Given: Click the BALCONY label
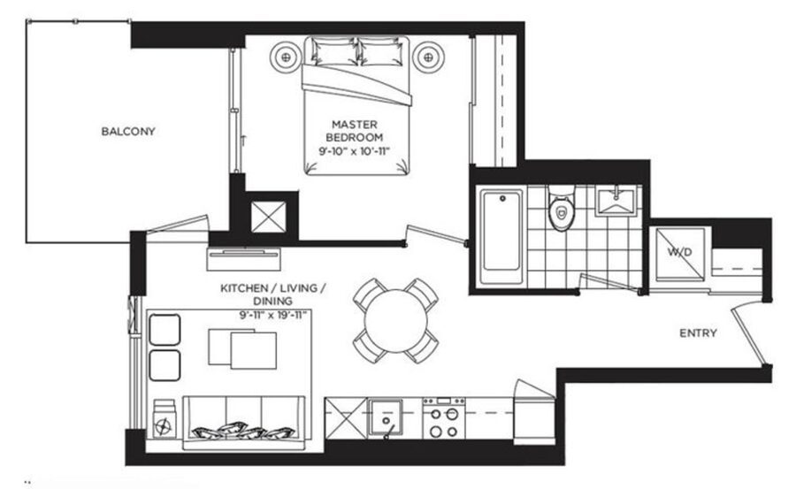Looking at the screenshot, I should click(x=128, y=132).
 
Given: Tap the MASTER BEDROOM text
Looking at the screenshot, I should click(x=354, y=131).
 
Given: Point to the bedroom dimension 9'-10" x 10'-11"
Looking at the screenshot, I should click(x=355, y=151).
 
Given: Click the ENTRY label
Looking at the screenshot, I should click(x=698, y=333).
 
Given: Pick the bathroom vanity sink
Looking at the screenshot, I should click(x=617, y=201).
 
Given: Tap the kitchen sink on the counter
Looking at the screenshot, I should click(x=387, y=415).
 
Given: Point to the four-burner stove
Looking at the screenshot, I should click(x=445, y=416).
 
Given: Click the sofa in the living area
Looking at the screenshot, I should click(x=242, y=423).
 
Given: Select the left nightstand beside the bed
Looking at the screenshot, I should click(x=289, y=57).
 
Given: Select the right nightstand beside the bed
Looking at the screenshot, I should click(x=430, y=57).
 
